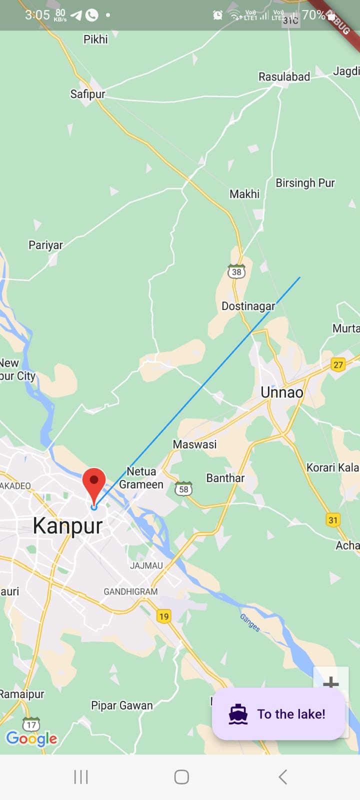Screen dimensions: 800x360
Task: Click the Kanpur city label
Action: pyautogui.click(x=67, y=526)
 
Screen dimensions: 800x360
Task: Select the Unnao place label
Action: pyautogui.click(x=282, y=392)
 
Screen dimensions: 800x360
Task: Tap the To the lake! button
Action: pyautogui.click(x=278, y=714)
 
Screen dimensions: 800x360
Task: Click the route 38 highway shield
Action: pyautogui.click(x=236, y=271)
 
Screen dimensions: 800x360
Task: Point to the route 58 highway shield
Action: pyautogui.click(x=183, y=489)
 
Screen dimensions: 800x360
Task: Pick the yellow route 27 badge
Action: pyautogui.click(x=338, y=364)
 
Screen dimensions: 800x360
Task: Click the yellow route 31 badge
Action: pyautogui.click(x=333, y=520)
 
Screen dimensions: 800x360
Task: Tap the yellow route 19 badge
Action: pyautogui.click(x=164, y=616)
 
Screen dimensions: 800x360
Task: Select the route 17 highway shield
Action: pyautogui.click(x=31, y=724)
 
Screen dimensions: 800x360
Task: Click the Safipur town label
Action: pyautogui.click(x=87, y=94)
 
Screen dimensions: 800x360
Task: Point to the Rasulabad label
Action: pyautogui.click(x=284, y=76)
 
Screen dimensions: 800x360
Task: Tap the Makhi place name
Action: pyautogui.click(x=244, y=194)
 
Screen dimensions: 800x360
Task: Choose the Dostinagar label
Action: pyautogui.click(x=248, y=306)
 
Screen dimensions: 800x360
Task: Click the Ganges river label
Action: pyautogui.click(x=249, y=623)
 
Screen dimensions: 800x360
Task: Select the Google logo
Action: pyautogui.click(x=31, y=738)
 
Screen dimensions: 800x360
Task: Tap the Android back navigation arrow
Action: pyautogui.click(x=282, y=777)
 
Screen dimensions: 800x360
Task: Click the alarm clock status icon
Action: pyautogui.click(x=217, y=15)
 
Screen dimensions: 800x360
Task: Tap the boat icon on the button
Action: pyautogui.click(x=238, y=714)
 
